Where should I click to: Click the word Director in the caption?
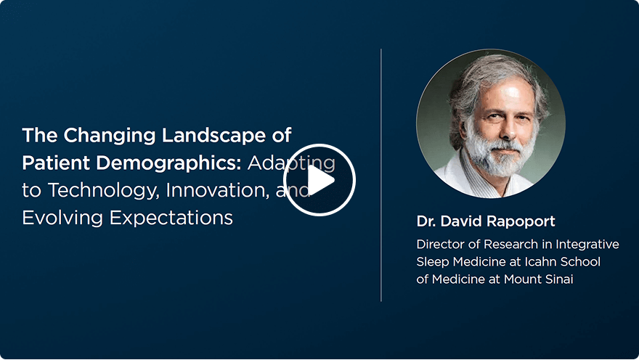pyautogui.click(x=440, y=245)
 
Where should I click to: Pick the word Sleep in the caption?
pyautogui.click(x=432, y=261)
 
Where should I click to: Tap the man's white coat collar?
pyautogui.click(x=454, y=174)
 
